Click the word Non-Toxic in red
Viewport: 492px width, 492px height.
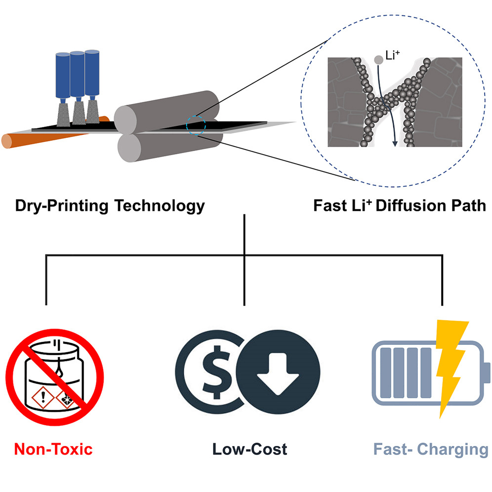pyautogui.click(x=53, y=449)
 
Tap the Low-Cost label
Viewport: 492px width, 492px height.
pyautogui.click(x=250, y=449)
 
